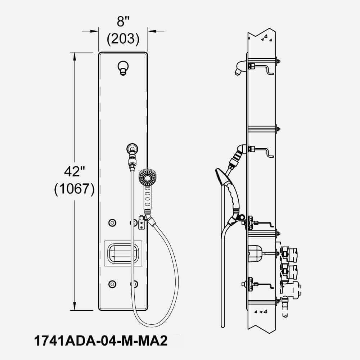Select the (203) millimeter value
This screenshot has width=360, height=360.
click(123, 39)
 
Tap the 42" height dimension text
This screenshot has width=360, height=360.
click(74, 172)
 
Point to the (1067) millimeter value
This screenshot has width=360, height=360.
click(74, 189)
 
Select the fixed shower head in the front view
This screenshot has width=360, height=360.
click(123, 68)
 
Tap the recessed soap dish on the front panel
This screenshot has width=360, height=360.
click(123, 253)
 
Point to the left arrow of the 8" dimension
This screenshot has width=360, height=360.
click(95, 31)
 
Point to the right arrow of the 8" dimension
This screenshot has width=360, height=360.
click(151, 31)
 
